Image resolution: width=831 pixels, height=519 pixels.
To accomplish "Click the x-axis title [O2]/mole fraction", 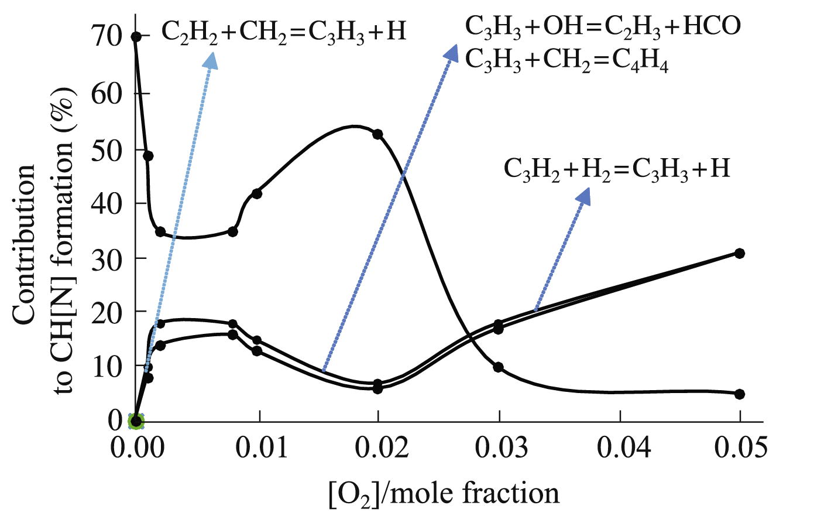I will (442, 493).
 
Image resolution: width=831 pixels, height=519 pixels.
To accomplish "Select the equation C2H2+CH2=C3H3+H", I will (283, 30).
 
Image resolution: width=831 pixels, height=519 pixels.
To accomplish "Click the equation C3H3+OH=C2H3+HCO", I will (603, 26).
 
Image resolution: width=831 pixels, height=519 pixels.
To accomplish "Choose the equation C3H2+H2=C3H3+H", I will (617, 169).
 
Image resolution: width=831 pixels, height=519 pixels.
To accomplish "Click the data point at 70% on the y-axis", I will (136, 37).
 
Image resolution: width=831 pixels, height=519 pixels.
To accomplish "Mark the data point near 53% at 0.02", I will (377, 134).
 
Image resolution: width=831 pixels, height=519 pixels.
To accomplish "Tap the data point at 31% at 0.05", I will (739, 253).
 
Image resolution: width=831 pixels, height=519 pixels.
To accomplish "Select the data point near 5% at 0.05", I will (739, 394).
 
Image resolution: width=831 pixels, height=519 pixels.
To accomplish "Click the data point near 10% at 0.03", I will (499, 367).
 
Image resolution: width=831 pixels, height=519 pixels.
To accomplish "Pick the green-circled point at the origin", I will (136, 420).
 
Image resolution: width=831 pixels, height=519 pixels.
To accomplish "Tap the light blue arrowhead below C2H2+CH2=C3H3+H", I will (211, 60).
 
